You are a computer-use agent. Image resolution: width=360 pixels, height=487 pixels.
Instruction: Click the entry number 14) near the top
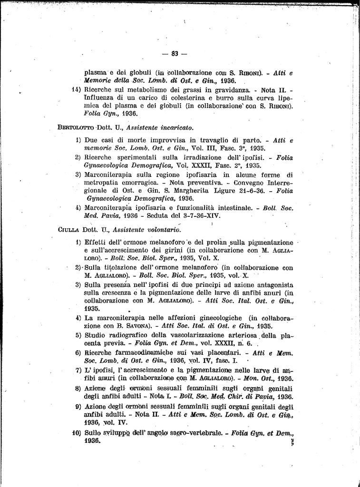tap(77, 89)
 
